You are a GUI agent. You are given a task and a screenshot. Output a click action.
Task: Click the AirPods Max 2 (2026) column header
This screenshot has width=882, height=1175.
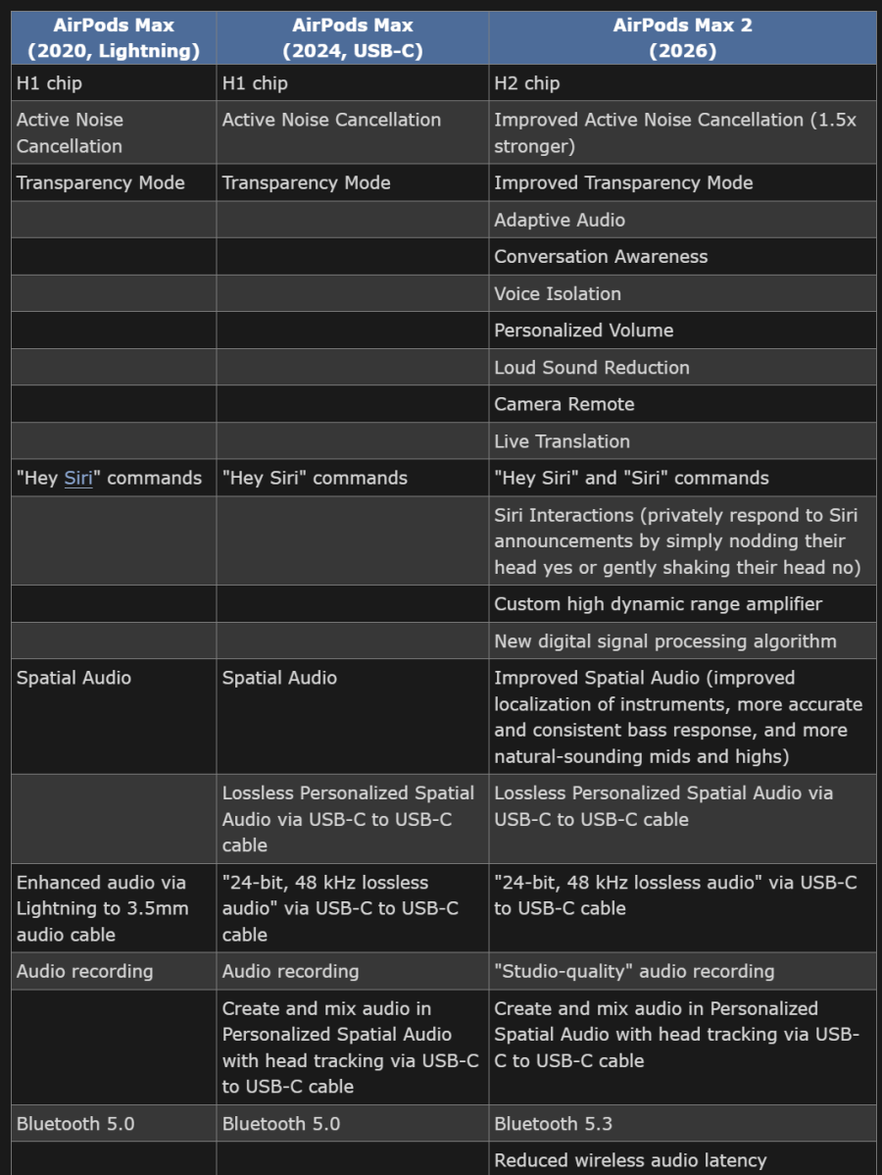click(x=682, y=38)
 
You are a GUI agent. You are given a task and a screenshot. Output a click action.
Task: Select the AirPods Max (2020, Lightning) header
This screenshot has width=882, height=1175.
click(x=114, y=38)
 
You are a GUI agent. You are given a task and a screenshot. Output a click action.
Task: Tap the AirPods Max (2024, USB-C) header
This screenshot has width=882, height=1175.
click(x=353, y=38)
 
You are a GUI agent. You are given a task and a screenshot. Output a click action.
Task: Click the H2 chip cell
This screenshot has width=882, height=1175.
click(x=527, y=83)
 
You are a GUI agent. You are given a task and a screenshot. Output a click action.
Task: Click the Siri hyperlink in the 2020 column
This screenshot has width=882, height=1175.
click(x=78, y=479)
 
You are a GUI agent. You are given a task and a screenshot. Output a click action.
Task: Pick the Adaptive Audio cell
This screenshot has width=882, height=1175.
click(x=560, y=220)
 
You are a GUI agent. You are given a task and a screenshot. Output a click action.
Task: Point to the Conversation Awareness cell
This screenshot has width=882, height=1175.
click(x=601, y=257)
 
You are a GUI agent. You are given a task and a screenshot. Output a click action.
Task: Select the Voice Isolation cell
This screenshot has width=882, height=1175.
click(x=558, y=293)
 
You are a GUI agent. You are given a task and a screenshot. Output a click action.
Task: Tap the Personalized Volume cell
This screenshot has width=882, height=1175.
click(x=584, y=331)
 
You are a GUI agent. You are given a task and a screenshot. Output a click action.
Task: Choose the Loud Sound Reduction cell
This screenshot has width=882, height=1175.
click(x=592, y=368)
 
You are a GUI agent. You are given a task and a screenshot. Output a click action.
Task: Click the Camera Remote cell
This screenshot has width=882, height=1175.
click(x=564, y=404)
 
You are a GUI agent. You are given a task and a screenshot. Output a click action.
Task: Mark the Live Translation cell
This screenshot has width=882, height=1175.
click(x=563, y=441)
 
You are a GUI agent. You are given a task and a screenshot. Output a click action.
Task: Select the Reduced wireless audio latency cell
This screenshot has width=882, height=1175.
click(x=630, y=1160)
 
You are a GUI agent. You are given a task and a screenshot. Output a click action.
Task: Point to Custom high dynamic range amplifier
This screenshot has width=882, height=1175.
click(x=659, y=604)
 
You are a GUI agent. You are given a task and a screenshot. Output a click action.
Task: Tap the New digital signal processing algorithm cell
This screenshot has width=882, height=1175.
click(x=665, y=641)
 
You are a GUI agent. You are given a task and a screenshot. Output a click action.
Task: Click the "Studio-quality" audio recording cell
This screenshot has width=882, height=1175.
click(x=634, y=972)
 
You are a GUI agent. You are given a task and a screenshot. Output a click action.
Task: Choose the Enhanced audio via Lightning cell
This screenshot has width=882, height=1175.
click(x=102, y=908)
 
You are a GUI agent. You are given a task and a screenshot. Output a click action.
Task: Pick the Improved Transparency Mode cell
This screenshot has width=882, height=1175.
click(x=623, y=182)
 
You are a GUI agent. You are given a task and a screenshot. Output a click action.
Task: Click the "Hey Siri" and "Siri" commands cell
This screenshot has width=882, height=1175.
click(x=631, y=479)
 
